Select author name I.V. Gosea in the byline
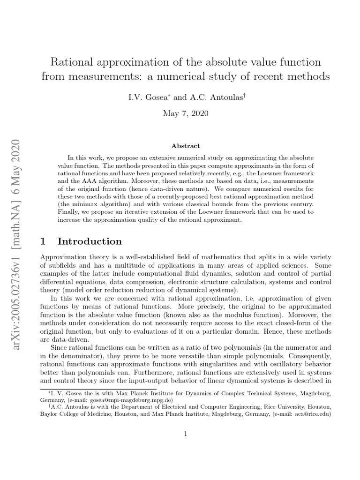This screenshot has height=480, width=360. pos(142,97)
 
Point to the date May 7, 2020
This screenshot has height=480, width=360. pos(186,113)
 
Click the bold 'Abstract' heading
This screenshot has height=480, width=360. pos(186,146)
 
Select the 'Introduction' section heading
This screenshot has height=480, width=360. pos(90,241)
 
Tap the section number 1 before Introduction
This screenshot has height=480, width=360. pos(44,241)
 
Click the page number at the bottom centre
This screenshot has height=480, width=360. pos(186,434)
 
